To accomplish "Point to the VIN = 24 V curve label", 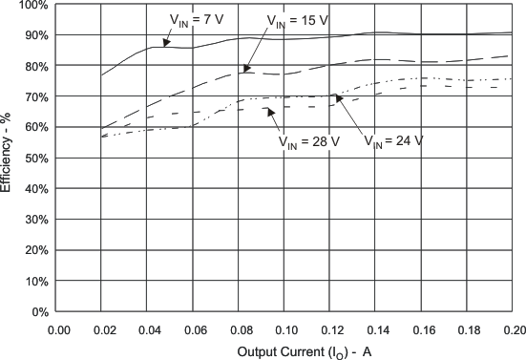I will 393,141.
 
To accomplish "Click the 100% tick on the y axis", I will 32,5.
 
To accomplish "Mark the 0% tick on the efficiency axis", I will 37,312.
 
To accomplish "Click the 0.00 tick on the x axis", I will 59,329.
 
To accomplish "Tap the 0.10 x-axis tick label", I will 285,329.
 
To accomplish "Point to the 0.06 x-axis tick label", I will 195,329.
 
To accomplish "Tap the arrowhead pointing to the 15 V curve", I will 245,70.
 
